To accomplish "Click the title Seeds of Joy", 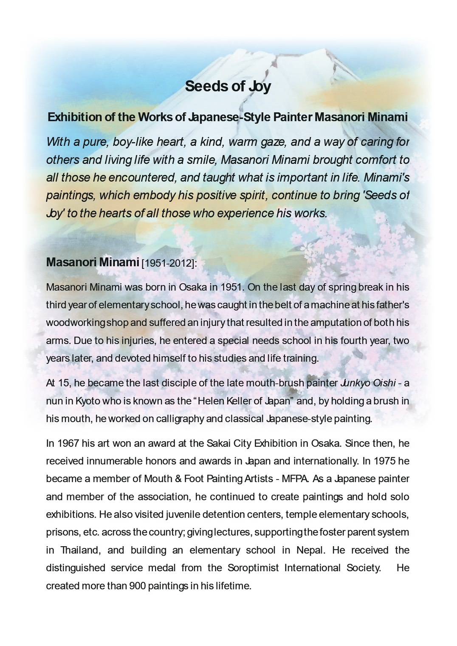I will click(228, 86).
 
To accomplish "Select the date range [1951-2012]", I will click(169, 263).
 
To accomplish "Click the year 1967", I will click(68, 443).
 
